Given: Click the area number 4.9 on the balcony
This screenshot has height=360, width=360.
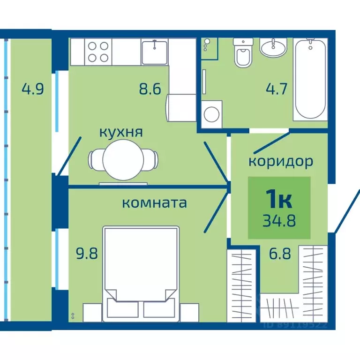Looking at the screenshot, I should pos(33,89).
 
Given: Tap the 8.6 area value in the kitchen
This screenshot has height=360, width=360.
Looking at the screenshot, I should pos(150,89).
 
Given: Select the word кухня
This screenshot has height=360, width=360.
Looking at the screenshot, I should pos(120,132).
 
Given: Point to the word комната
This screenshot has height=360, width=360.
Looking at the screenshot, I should pos(154,203).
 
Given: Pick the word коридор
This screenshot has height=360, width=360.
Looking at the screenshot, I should pos(280,162).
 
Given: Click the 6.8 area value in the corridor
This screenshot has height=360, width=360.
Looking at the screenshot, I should pos(280,255).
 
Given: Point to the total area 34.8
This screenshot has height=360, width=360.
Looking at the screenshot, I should pos(279,220).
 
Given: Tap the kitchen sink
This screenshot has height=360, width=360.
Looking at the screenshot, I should pos(155,52).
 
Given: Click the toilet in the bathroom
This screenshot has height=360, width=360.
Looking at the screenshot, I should pos(243,54).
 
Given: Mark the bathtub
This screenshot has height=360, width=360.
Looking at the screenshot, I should pos(310,79).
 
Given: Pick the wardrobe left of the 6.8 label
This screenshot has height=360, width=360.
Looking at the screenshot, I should pos(242,286).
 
